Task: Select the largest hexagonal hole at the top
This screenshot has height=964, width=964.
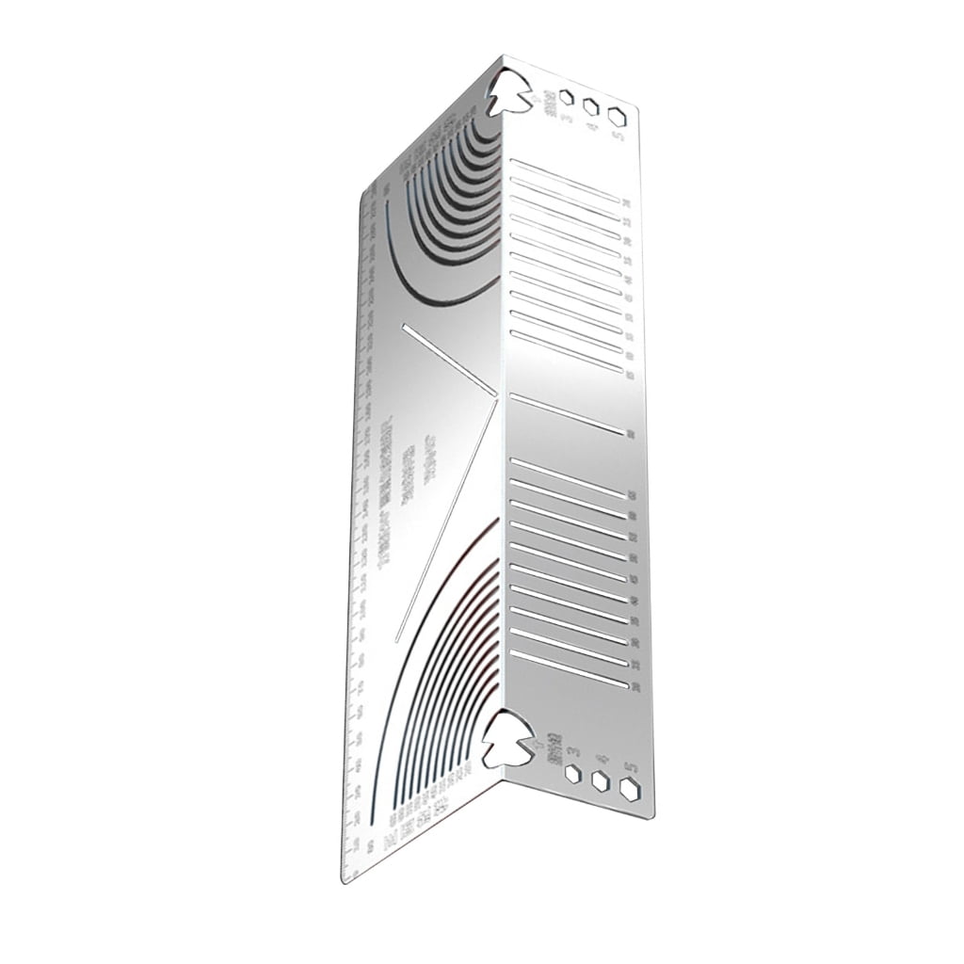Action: point(617,116)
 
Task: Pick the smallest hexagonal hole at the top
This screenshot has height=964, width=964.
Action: point(567,97)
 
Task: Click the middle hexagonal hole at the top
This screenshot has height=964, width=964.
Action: point(591,106)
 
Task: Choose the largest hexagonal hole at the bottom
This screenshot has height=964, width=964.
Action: point(629,789)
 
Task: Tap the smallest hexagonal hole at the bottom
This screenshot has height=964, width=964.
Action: point(572,774)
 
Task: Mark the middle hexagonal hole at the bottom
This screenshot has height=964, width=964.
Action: point(599,780)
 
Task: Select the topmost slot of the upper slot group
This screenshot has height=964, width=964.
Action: point(565,180)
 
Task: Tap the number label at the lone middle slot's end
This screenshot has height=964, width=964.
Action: point(629,434)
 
